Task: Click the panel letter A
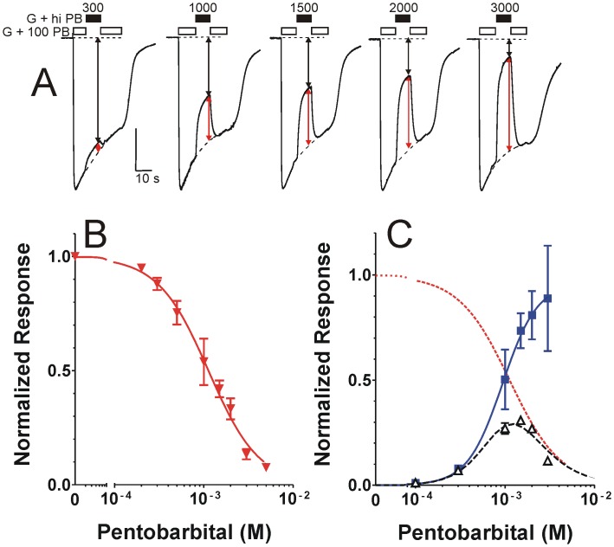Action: click(45, 87)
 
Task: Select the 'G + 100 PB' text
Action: click(36, 31)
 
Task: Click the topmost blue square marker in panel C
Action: click(547, 299)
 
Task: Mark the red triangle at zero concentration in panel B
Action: click(75, 254)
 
